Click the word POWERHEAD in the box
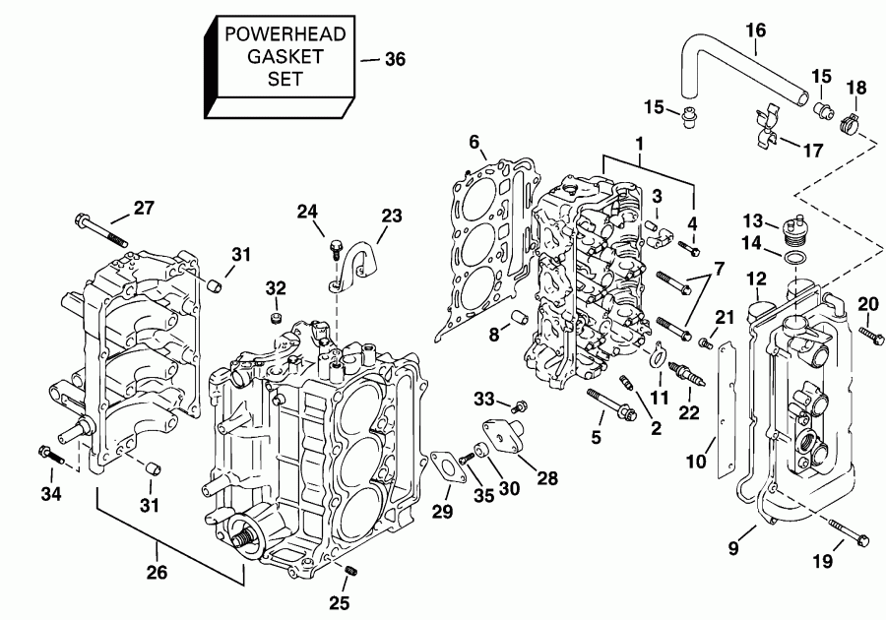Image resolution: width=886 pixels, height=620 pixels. point(285,34)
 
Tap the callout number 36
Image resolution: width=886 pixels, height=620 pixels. point(394,59)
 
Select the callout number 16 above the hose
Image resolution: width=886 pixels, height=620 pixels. point(755,31)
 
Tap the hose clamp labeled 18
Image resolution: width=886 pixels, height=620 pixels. point(850,124)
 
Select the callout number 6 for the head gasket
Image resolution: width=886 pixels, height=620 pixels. point(475,144)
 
